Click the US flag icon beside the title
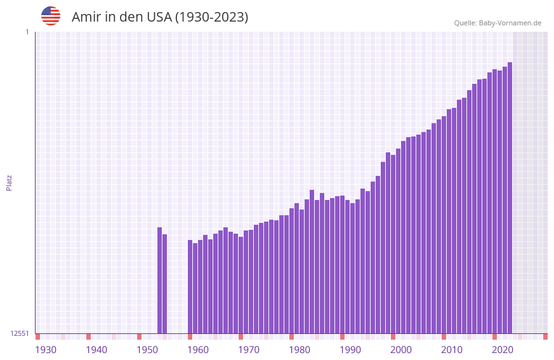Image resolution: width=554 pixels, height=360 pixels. pos(51,16)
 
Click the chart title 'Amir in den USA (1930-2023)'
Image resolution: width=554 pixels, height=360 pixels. pos(160,17)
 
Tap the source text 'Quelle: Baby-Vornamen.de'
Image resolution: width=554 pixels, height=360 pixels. pos(498,23)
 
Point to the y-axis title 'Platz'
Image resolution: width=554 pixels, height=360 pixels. pos(9,182)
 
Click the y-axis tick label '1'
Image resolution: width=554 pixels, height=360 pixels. pos(27,32)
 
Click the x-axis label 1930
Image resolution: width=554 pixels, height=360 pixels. pos(46,350)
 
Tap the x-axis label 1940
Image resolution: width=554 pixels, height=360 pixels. pos(96,350)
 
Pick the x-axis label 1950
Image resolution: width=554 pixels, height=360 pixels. pos(147,350)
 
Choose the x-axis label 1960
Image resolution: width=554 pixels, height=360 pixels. pos(198,350)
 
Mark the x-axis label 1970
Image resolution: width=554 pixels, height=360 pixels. pos(249,350)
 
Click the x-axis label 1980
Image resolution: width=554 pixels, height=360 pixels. pos(300,350)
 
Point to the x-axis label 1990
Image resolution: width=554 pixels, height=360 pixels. pos(350,350)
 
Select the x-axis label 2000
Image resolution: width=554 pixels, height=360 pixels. pos(401,350)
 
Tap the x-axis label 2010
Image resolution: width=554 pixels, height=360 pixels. pos(452,350)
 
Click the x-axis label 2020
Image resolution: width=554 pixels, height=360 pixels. pos(503,350)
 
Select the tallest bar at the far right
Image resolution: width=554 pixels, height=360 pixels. pos(510,197)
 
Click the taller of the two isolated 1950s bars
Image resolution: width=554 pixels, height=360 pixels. pos(159,280)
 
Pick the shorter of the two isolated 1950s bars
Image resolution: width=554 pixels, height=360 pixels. pos(164,284)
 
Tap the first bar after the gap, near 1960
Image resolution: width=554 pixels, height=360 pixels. pos(190,286)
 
